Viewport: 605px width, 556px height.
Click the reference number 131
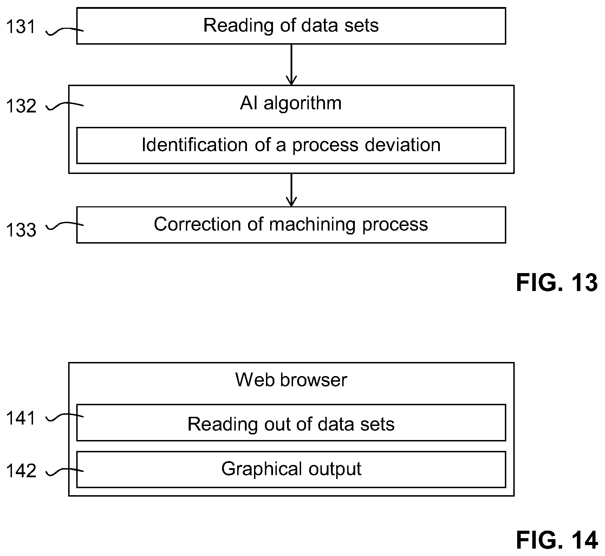pyautogui.click(x=21, y=27)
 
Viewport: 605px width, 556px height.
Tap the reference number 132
pyautogui.click(x=21, y=106)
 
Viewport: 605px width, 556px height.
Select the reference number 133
pyautogui.click(x=21, y=230)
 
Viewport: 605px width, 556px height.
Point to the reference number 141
pyautogui.click(x=21, y=418)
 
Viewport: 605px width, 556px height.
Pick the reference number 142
pyautogui.click(x=21, y=471)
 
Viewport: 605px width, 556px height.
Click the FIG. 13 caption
pyautogui.click(x=557, y=283)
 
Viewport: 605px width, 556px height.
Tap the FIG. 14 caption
pyautogui.click(x=557, y=540)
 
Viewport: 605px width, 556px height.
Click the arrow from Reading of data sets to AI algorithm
pyautogui.click(x=291, y=65)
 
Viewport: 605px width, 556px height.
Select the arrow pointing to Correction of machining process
pyautogui.click(x=291, y=190)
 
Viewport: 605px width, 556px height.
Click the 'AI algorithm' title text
pyautogui.click(x=291, y=103)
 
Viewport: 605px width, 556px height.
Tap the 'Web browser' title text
pyautogui.click(x=291, y=380)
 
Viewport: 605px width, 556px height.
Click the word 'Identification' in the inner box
pyautogui.click(x=195, y=144)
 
